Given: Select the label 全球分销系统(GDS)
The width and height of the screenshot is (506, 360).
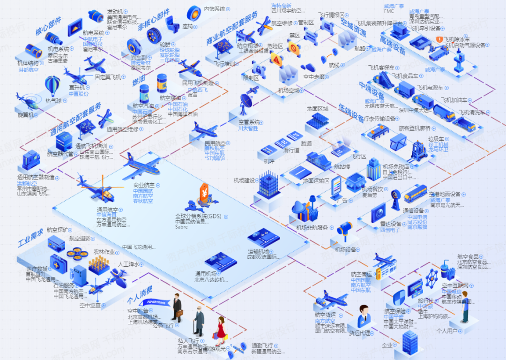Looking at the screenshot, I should [199, 216].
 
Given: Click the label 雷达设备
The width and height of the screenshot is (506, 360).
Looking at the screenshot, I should [390, 224].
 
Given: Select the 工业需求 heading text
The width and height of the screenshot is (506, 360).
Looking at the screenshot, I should [30, 238].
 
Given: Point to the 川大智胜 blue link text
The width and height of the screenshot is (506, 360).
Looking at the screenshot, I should [248, 128].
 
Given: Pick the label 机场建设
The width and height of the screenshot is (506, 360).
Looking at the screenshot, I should [245, 180].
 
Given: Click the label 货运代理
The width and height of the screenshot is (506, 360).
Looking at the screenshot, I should [359, 333].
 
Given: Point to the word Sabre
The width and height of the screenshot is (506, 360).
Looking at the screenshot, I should [181, 227].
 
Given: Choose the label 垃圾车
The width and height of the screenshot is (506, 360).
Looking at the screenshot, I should [436, 139].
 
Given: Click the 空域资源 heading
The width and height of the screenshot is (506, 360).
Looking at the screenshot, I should [353, 28].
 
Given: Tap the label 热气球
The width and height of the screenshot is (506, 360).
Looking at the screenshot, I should [53, 100].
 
